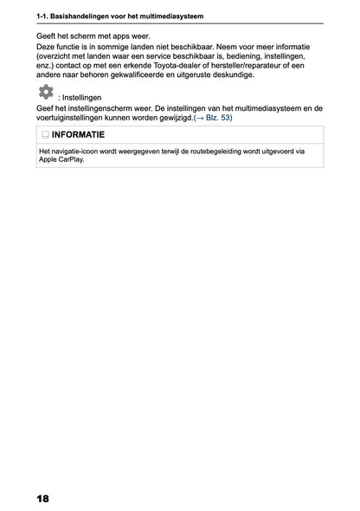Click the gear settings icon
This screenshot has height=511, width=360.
[x=45, y=92]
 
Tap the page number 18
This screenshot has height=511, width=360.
[x=43, y=499]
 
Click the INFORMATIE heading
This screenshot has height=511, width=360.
[x=79, y=135]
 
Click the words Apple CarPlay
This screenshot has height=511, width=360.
[x=61, y=159]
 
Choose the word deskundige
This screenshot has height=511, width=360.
[x=231, y=74]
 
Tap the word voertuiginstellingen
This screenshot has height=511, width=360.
[x=74, y=117]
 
